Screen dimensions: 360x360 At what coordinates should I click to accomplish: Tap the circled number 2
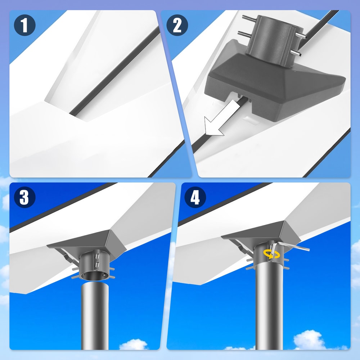tap(177, 26)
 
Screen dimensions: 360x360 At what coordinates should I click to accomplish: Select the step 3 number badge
tap(24, 197)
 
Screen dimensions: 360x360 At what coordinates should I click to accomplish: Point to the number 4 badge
tap(195, 197)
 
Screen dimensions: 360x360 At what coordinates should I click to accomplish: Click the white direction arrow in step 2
tap(215, 124)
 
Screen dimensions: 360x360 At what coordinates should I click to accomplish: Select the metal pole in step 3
tap(95, 317)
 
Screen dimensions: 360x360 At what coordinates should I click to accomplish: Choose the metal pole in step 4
tap(269, 310)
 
